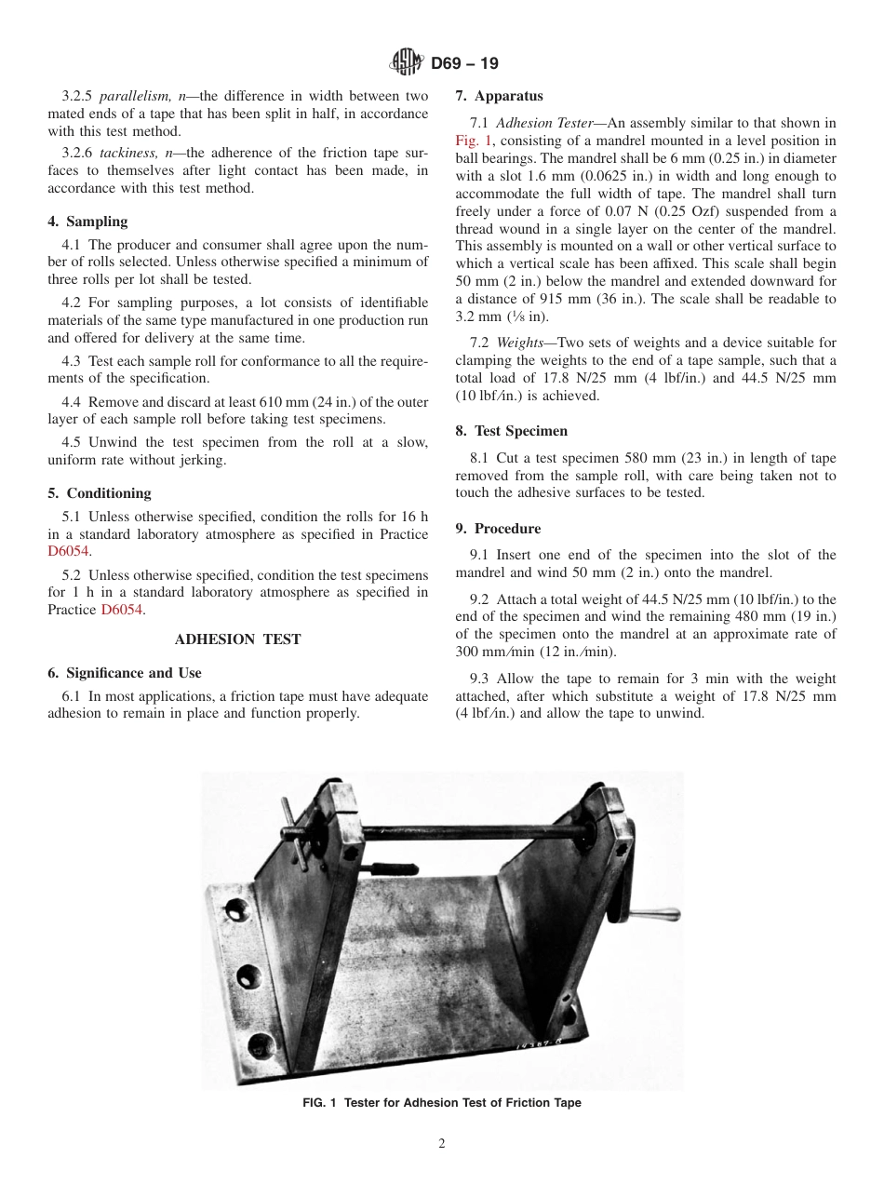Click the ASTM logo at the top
[x=406, y=63]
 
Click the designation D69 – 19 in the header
[x=464, y=63]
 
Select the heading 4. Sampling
[x=87, y=222]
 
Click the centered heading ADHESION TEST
[x=237, y=639]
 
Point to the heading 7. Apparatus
[x=499, y=96]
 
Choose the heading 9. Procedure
[x=498, y=529]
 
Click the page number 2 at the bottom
[x=442, y=1144]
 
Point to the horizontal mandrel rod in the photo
[x=465, y=827]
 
